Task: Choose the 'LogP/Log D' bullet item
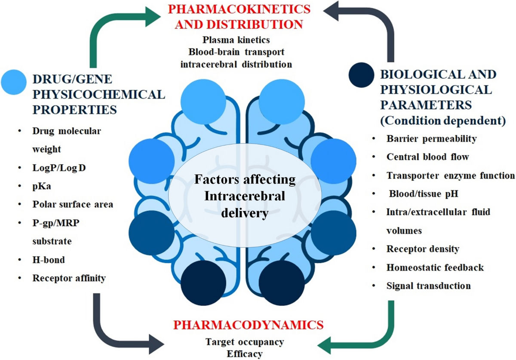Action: point(59,167)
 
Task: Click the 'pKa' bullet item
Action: point(41,186)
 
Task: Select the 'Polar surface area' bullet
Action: point(73,204)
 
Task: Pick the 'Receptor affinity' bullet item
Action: point(69,278)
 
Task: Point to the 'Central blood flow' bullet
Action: point(421,157)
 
